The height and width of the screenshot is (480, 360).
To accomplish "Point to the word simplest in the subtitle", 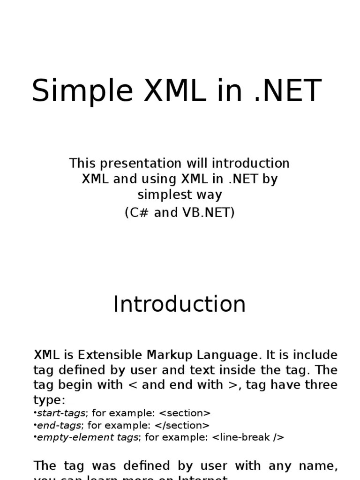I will (x=161, y=195).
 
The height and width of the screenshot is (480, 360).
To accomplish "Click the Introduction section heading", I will (x=180, y=304).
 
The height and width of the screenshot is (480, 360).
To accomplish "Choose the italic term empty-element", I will (x=75, y=437).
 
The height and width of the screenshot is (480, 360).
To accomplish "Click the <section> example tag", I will (x=185, y=413).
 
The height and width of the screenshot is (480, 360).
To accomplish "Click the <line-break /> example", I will (x=248, y=437).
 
